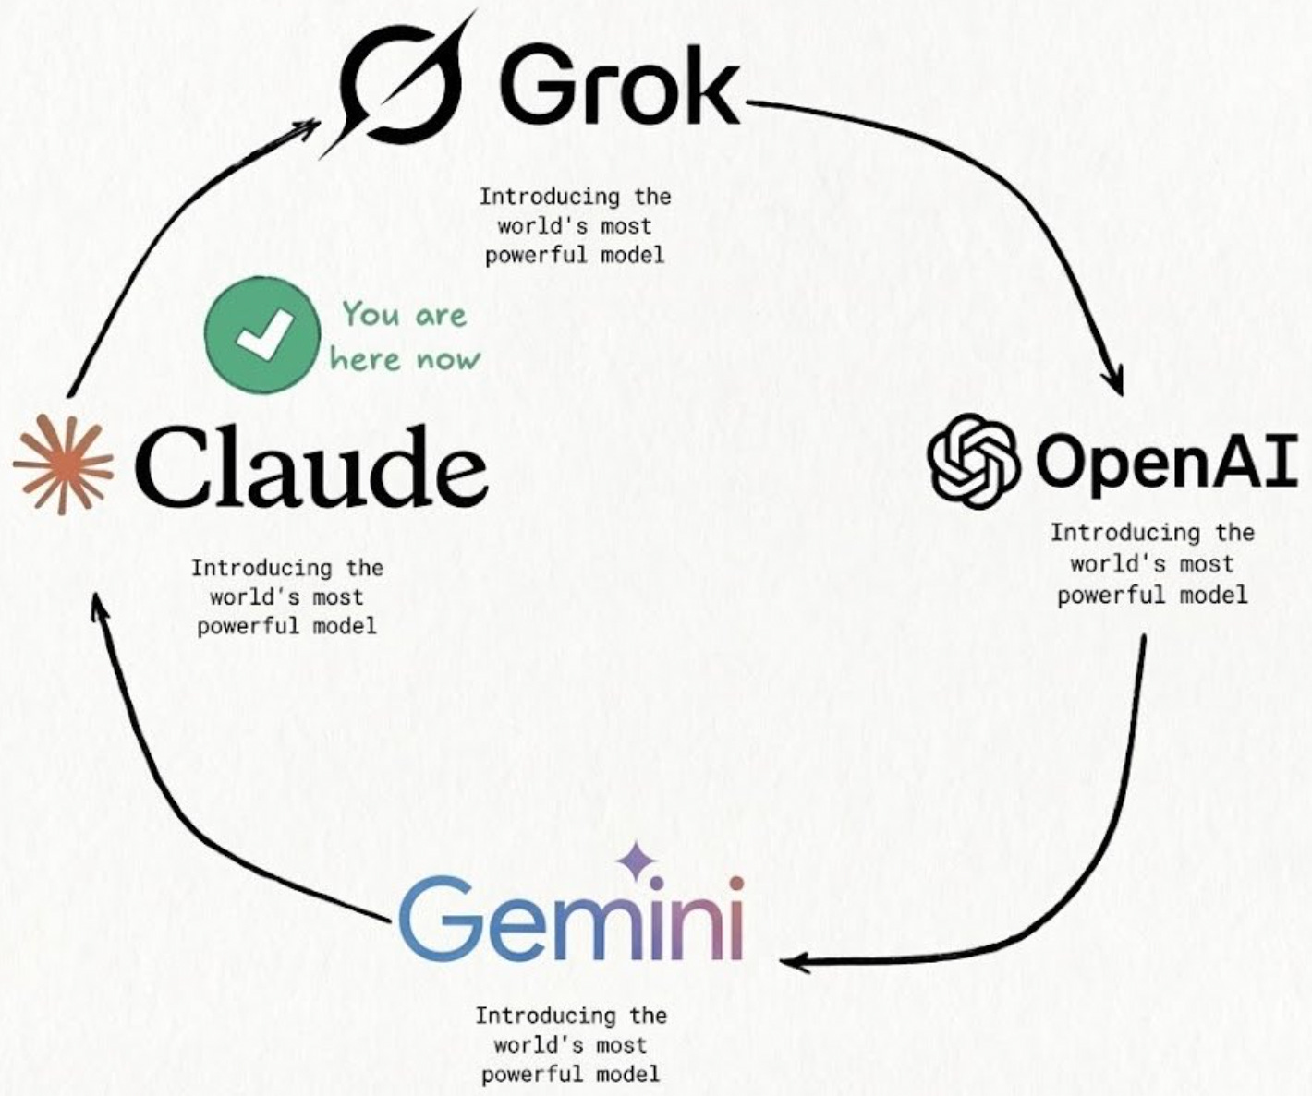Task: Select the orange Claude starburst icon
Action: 63,464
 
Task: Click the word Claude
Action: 312,466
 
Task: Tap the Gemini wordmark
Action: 571,918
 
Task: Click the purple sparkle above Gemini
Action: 637,862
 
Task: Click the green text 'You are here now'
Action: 405,336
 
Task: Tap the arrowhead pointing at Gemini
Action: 795,963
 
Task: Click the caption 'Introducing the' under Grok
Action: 575,197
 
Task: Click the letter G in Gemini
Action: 435,918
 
